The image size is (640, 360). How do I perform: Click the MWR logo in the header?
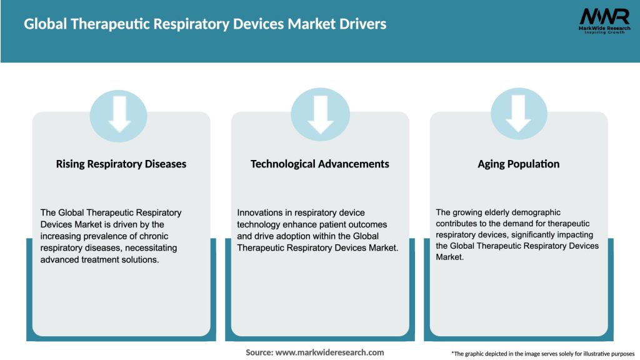604,16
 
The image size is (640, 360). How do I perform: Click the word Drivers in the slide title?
362,24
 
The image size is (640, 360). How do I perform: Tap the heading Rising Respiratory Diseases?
121,164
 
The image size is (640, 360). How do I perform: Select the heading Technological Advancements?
320,164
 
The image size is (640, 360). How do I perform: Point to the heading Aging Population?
519,164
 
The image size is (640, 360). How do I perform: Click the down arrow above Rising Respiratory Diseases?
119,114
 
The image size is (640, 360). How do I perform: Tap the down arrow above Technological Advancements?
320,114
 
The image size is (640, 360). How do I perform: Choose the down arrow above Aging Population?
519,114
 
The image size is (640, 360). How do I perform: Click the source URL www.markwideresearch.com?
329,352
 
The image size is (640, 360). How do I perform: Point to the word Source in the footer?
259,352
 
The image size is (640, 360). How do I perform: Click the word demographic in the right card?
534,212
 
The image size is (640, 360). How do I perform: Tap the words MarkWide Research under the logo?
604,28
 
